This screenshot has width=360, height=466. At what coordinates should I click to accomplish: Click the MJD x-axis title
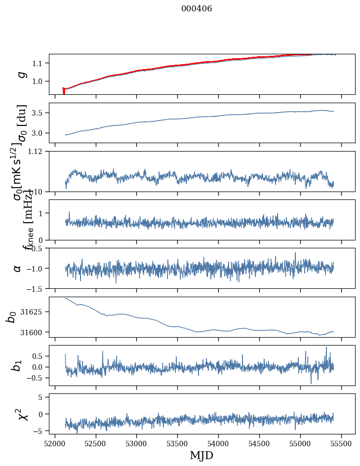coord(201,455)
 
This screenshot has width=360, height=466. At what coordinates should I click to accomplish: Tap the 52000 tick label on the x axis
coord(55,443)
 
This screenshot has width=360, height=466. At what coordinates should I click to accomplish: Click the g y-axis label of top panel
coord(21,74)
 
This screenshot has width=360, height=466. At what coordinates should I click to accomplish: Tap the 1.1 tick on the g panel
coord(39,63)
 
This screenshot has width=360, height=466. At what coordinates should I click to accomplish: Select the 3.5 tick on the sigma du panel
coord(39,113)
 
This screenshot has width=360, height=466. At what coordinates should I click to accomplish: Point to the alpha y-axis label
coord(18,268)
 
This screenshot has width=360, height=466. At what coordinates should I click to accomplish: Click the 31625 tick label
coord(32,312)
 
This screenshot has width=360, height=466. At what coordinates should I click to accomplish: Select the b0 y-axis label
coord(11,317)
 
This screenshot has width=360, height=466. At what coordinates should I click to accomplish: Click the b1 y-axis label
coord(17,365)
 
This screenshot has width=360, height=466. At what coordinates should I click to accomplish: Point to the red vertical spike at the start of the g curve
coord(64,92)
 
